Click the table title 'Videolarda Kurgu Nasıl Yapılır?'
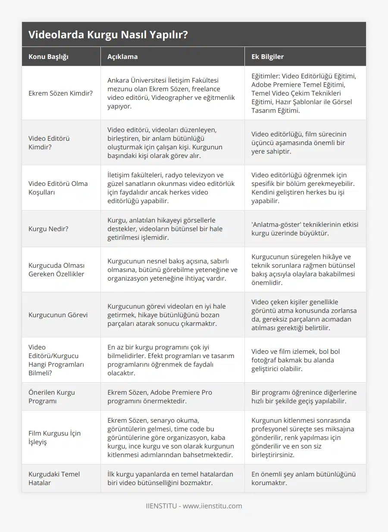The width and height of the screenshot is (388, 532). click(108, 35)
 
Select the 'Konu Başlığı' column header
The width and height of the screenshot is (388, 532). click(48, 56)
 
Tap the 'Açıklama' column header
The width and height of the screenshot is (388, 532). click(122, 56)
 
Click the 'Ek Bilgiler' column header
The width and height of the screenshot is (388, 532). click(267, 56)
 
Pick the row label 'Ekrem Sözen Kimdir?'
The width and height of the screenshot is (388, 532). click(60, 93)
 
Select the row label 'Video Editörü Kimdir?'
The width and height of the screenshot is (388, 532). click(49, 142)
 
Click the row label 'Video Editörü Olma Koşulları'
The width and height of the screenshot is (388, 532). click(58, 188)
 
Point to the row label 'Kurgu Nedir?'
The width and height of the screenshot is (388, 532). click(48, 229)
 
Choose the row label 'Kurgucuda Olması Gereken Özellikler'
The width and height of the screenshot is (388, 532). click(56, 269)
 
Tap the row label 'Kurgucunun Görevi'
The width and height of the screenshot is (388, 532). click(58, 315)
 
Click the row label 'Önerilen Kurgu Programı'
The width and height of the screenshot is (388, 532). click(52, 396)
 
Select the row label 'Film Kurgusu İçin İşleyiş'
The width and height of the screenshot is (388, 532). click(54, 437)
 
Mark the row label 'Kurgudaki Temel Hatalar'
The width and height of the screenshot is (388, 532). click(54, 478)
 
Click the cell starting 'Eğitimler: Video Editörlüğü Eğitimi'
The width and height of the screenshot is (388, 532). click(304, 93)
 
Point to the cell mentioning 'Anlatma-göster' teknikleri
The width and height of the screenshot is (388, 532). click(304, 229)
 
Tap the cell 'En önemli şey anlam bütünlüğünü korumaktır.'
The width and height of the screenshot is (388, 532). click(304, 478)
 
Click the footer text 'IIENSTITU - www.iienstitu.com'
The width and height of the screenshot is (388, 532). click(194, 506)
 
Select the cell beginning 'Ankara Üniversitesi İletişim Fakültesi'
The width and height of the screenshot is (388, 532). click(172, 93)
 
